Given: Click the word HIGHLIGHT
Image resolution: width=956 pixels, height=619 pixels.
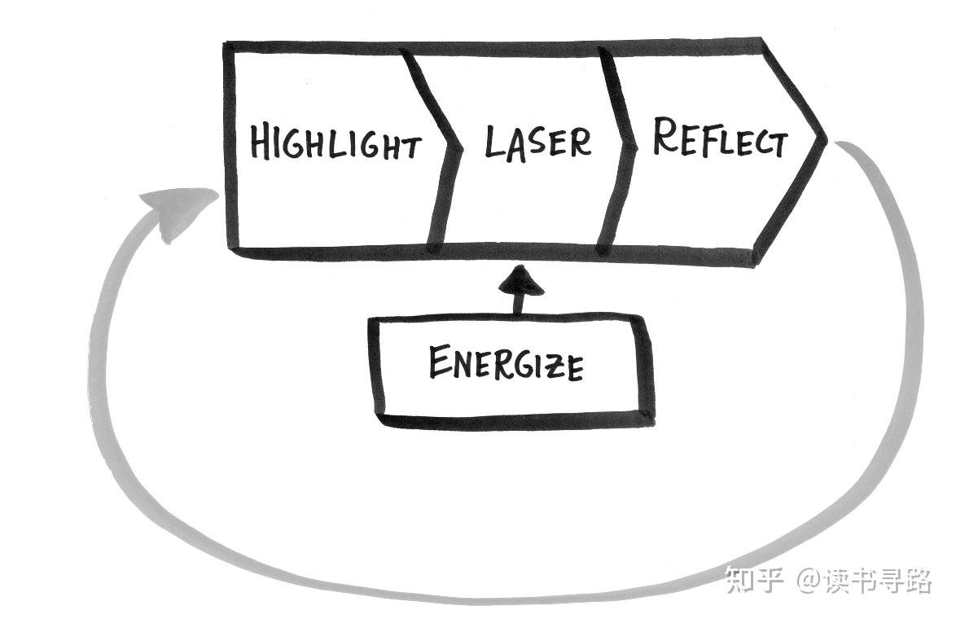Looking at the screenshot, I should (335, 143).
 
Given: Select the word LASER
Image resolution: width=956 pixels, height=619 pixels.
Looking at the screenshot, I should (537, 142).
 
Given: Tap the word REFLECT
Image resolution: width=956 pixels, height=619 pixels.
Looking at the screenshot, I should (720, 138).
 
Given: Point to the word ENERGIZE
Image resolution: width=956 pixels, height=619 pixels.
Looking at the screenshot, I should (506, 363).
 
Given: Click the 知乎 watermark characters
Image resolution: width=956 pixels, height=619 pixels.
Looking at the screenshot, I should (754, 580).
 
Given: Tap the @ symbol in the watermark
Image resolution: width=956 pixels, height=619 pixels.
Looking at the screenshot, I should (807, 581).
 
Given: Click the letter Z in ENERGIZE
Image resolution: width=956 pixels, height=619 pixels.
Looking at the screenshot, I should (551, 367).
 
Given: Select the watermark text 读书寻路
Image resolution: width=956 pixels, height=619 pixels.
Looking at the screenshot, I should (879, 581).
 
